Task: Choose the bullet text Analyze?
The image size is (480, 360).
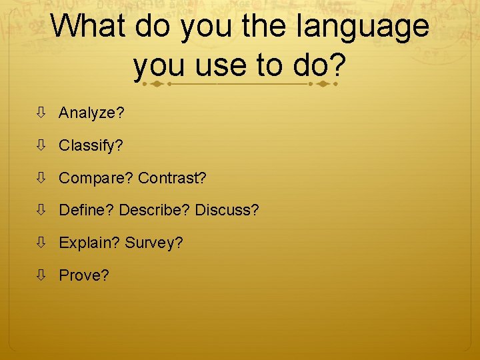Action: coord(91,113)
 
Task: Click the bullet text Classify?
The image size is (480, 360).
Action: coord(91,145)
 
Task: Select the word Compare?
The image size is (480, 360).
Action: coord(96,178)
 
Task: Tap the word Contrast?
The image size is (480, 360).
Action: coord(173,178)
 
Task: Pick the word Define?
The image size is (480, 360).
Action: coord(87,210)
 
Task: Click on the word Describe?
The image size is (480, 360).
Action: coord(155,210)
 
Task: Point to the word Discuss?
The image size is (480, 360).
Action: coord(227,210)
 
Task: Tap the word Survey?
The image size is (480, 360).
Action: coord(154,243)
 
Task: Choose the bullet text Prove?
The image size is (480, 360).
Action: coord(84,275)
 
